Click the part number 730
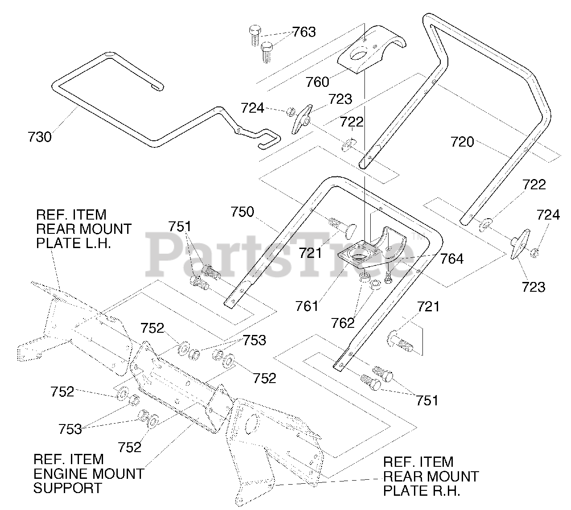click(x=40, y=137)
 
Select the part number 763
click(x=304, y=32)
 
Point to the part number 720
click(x=462, y=142)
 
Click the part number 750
click(x=242, y=212)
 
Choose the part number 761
click(x=307, y=306)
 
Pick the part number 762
click(x=343, y=323)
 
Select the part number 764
click(x=452, y=258)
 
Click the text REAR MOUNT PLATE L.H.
click(x=83, y=229)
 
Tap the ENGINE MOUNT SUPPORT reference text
click(x=88, y=473)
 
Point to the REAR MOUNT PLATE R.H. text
click(x=430, y=476)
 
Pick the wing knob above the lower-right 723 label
click(x=519, y=243)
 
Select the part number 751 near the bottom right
click(x=427, y=400)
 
